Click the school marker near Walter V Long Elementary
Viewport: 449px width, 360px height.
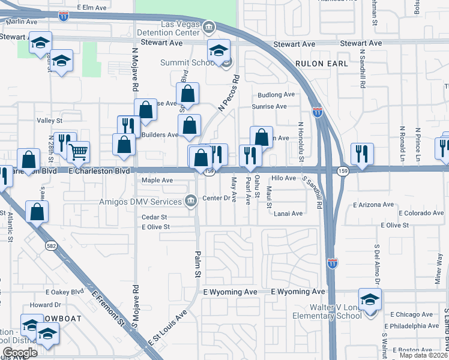point(370,298)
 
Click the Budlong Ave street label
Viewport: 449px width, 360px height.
point(276,95)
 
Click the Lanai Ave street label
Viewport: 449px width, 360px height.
point(288,213)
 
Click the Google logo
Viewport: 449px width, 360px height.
point(20,353)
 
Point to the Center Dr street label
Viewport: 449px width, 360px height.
point(217,198)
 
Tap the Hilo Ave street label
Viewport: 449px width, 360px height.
point(284,178)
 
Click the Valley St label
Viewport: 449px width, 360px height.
point(50,121)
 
